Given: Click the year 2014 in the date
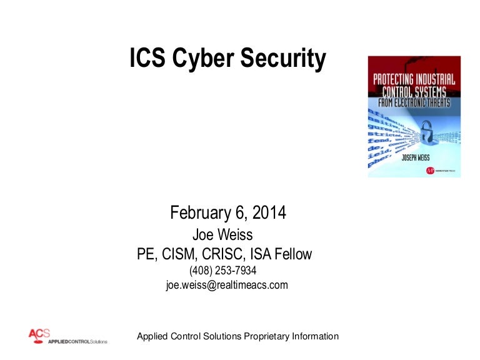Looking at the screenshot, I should click(x=270, y=212).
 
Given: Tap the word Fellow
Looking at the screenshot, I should click(x=293, y=254).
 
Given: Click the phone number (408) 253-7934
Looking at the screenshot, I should click(x=223, y=271).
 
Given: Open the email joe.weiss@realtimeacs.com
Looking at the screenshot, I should click(x=227, y=285).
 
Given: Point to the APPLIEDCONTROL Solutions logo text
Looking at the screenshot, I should click(x=76, y=342).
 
